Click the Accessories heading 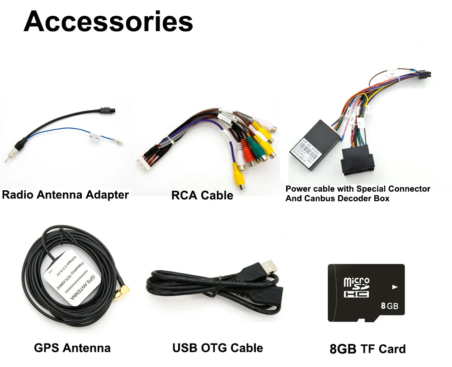pyautogui.click(x=108, y=21)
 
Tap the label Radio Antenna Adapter pyautogui.click(x=66, y=195)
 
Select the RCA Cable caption pyautogui.click(x=202, y=195)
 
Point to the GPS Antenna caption pyautogui.click(x=72, y=348)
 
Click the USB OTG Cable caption pyautogui.click(x=217, y=348)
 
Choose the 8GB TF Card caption pyautogui.click(x=367, y=349)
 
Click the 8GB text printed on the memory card pyautogui.click(x=389, y=306)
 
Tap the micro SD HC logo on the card pyautogui.click(x=357, y=287)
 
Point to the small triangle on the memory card pyautogui.click(x=395, y=287)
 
